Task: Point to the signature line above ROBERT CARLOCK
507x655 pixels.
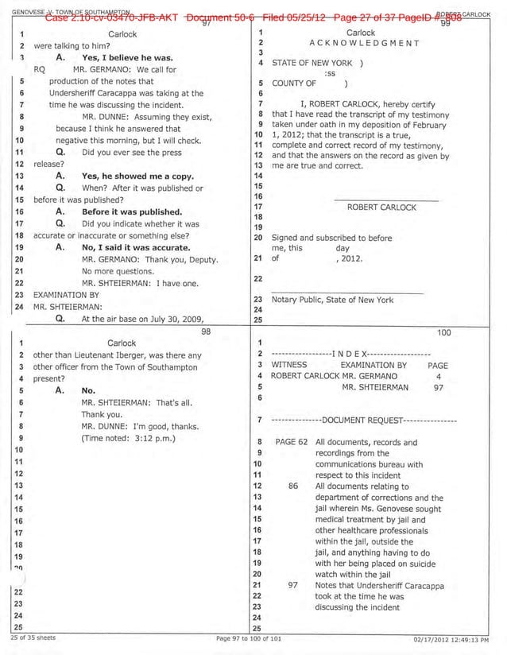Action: (x=386, y=199)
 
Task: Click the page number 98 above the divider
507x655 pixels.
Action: (x=205, y=331)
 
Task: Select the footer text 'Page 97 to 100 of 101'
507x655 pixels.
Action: (x=249, y=639)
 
